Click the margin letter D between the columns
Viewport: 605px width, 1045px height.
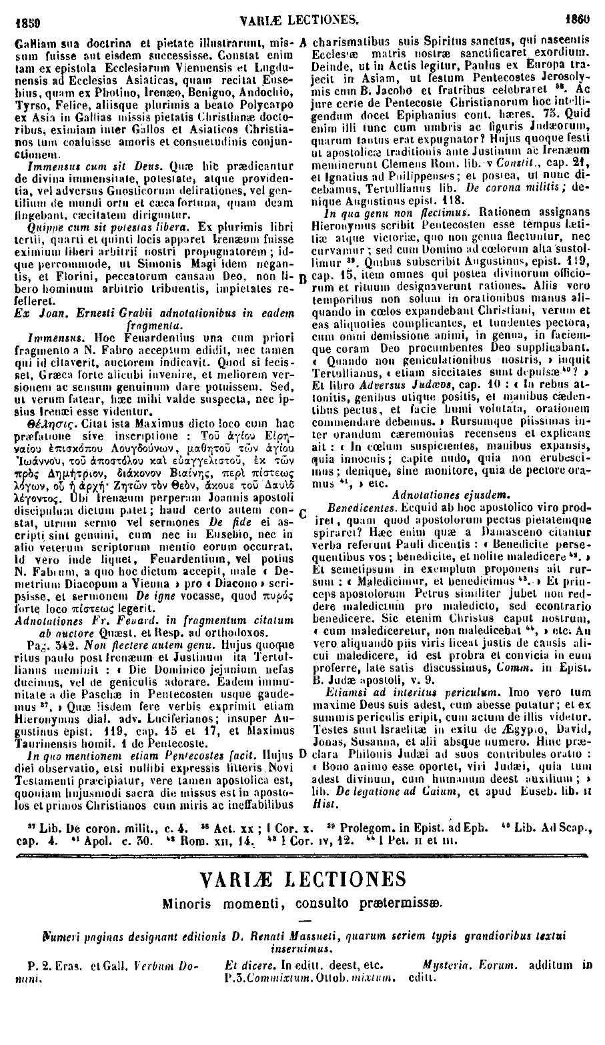pos(304,754)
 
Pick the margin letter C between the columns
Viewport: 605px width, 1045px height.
pos(304,513)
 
